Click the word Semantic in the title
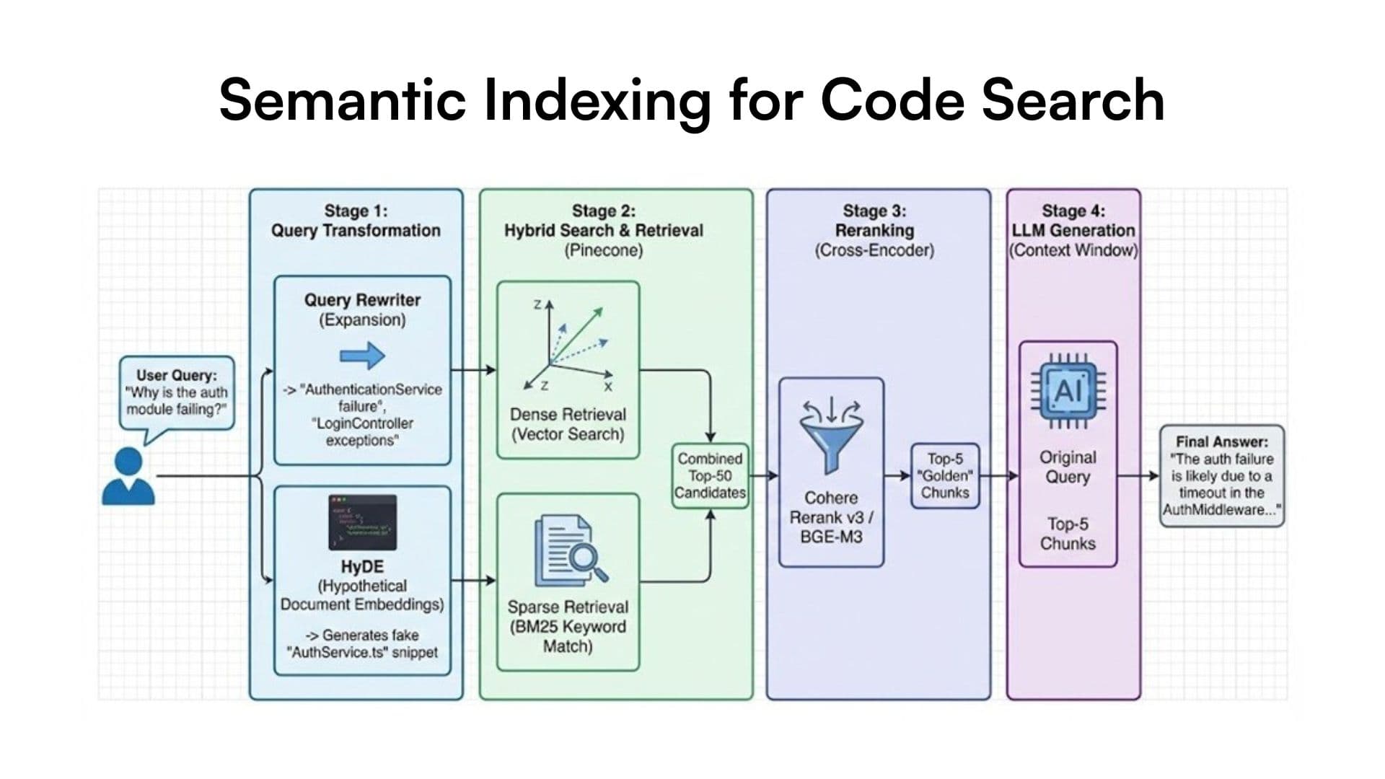click(x=342, y=100)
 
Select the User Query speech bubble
click(x=177, y=392)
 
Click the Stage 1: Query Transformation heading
click(x=356, y=221)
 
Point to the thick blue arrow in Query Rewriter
click(x=362, y=356)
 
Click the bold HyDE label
click(x=362, y=567)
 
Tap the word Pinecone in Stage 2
click(x=603, y=250)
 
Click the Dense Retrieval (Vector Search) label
click(x=568, y=424)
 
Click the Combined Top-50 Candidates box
click(x=710, y=476)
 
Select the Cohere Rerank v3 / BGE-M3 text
click(x=832, y=517)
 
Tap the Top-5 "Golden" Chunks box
click(x=945, y=476)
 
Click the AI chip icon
click(x=1068, y=390)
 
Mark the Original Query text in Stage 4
click(x=1068, y=467)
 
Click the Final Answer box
click(x=1221, y=476)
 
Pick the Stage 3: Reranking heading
click(x=874, y=221)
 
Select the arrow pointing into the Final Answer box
click(x=1140, y=476)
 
